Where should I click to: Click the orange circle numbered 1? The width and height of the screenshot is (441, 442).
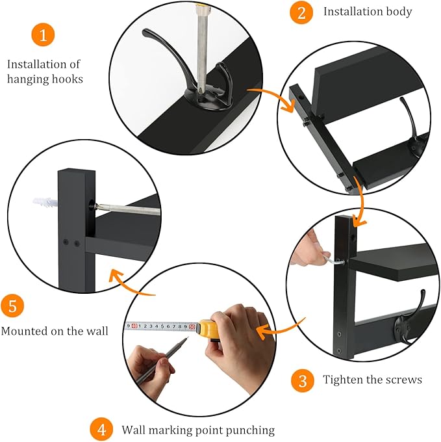[x=43, y=36]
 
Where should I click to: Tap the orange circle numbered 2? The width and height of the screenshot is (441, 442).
[x=301, y=12]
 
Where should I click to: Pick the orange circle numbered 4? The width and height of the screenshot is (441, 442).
[x=100, y=430]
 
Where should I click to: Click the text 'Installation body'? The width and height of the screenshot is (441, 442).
[x=368, y=12]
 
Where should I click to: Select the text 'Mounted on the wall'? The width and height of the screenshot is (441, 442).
[x=55, y=331]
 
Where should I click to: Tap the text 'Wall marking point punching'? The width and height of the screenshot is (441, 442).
[x=198, y=430]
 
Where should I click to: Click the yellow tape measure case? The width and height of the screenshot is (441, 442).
[x=212, y=329]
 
